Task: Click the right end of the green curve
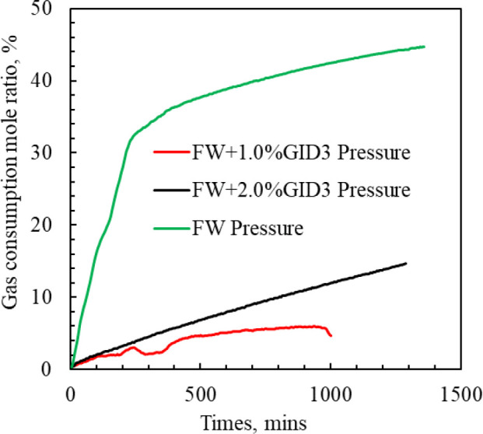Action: (x=425, y=47)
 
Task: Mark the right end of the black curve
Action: (x=406, y=263)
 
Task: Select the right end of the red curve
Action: (x=331, y=335)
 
